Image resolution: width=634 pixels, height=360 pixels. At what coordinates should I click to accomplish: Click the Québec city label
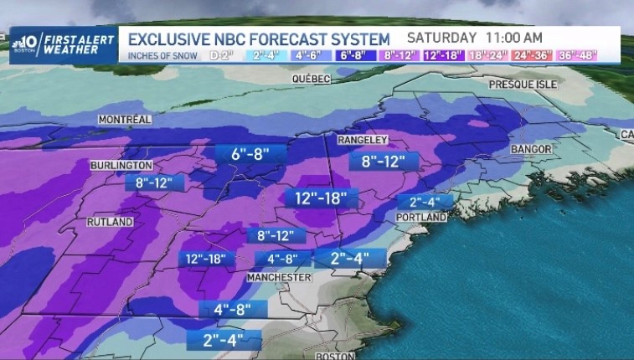click(311, 78)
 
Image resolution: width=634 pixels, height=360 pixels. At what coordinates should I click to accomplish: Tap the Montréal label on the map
click(124, 120)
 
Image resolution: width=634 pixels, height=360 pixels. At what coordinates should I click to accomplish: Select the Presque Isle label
click(522, 85)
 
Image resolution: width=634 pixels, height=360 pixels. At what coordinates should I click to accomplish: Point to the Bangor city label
click(531, 149)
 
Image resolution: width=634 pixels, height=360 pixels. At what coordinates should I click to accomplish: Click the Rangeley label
click(363, 140)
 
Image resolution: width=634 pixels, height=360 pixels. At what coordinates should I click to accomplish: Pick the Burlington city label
click(121, 166)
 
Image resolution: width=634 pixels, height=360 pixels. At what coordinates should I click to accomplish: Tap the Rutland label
click(110, 222)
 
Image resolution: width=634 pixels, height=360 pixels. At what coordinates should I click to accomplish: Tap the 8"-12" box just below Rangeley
click(383, 161)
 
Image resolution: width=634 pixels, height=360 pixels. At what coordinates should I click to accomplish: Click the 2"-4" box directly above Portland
click(430, 201)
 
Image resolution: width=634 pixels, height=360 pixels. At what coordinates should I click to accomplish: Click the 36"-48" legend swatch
click(596, 56)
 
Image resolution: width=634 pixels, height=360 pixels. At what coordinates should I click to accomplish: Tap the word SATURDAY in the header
click(443, 38)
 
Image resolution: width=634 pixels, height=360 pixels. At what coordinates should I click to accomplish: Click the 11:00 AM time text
click(513, 38)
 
